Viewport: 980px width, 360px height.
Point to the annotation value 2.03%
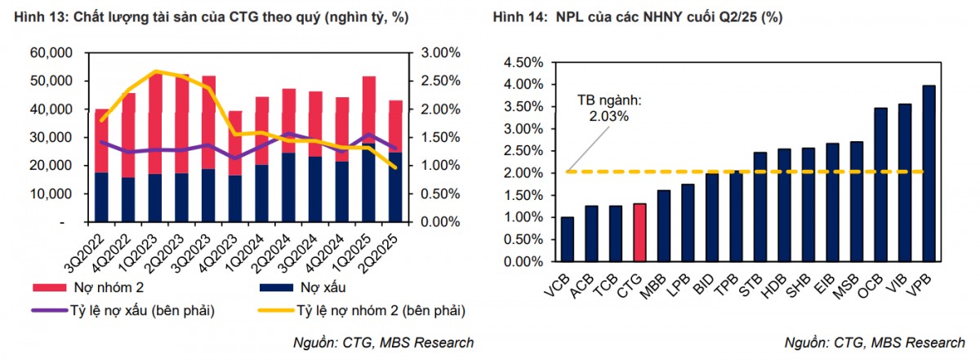(x=608, y=116)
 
